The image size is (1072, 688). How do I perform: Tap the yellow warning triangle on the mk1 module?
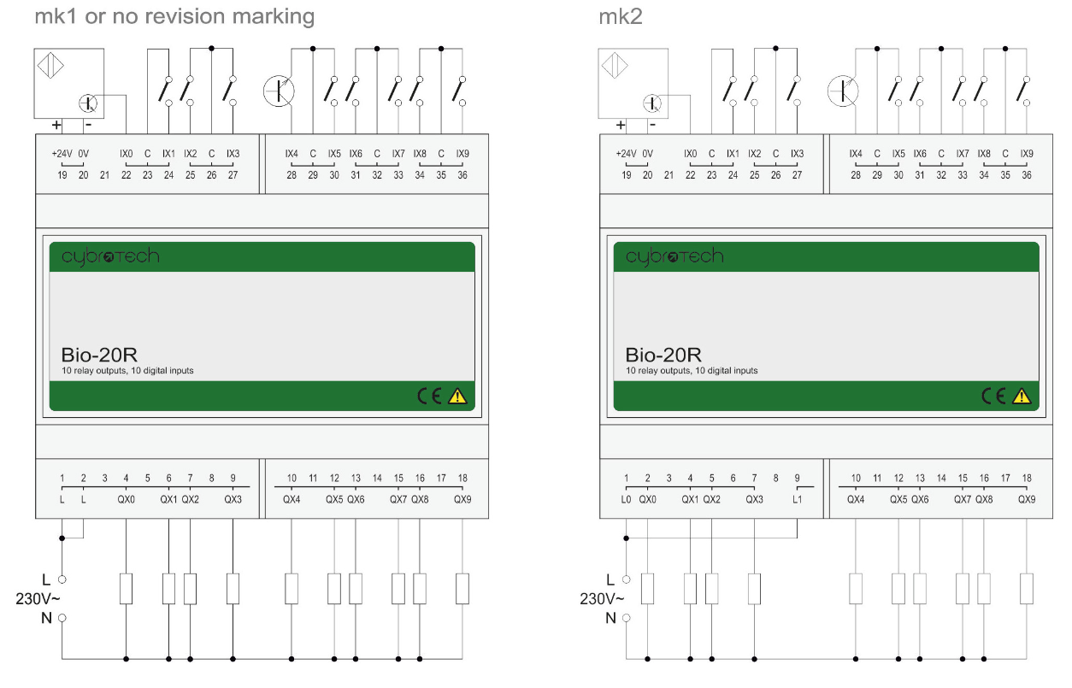click(x=458, y=396)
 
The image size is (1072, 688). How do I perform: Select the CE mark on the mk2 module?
click(x=994, y=396)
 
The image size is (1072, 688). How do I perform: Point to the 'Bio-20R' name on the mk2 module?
click(x=663, y=354)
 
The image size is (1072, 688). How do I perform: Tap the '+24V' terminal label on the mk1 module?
click(x=62, y=154)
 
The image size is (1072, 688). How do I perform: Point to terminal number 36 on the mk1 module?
click(x=462, y=174)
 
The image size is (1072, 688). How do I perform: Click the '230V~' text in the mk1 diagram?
click(x=36, y=598)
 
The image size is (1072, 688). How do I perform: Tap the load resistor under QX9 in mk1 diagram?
click(x=462, y=589)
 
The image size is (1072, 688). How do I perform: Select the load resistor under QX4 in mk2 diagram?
click(x=856, y=589)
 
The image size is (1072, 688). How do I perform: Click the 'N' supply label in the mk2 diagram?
click(x=610, y=617)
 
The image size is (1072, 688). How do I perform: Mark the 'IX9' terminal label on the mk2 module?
click(x=1027, y=154)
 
